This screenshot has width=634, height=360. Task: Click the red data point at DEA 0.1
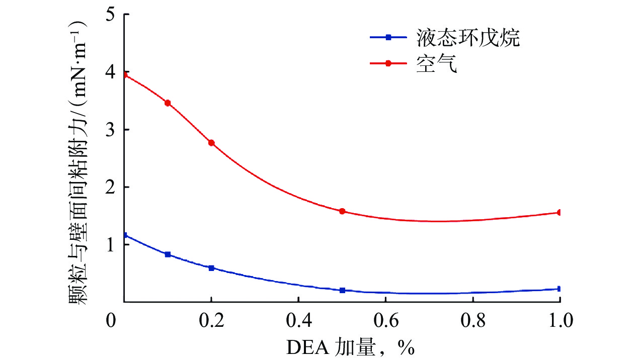168,103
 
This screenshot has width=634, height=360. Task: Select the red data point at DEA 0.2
211,143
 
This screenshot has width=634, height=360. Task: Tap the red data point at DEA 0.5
342,211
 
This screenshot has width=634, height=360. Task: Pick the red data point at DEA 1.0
559,213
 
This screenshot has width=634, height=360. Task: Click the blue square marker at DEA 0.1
168,254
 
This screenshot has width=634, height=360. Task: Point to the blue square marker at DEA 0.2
211,268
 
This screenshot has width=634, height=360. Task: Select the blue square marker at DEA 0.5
342,290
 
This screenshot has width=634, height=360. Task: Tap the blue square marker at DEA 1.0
559,289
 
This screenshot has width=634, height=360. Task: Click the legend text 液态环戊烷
468,38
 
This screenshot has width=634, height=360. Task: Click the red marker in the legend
388,63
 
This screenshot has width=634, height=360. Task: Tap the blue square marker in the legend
388,37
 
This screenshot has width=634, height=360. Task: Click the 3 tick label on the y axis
111,129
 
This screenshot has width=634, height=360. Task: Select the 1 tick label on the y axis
111,244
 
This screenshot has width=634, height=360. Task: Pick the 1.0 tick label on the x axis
559,321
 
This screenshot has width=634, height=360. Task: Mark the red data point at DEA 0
124,74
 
